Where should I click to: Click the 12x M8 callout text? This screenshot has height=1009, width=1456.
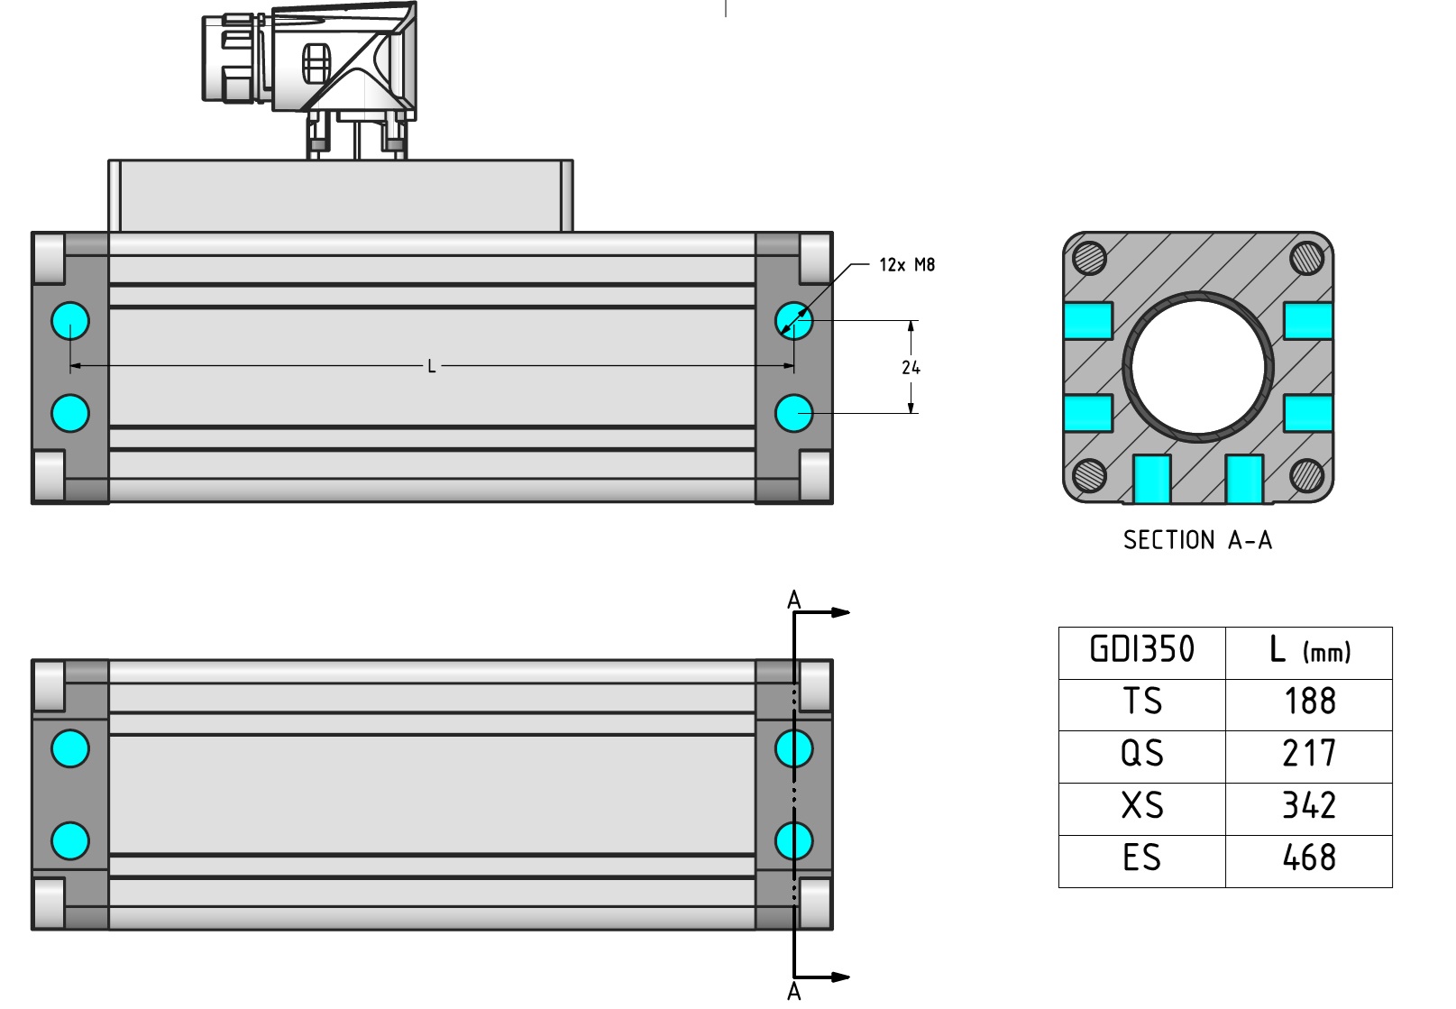point(907,265)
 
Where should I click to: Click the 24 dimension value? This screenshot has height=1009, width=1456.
point(911,367)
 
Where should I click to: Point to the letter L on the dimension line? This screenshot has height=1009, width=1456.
point(432,366)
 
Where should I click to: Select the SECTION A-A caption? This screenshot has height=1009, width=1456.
point(1197,540)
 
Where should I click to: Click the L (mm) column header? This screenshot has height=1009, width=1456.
point(1309,650)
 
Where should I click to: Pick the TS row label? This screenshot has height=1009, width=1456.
point(1142,702)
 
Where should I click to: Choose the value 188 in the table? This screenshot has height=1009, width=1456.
point(1310,702)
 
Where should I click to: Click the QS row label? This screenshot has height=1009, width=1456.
point(1142,754)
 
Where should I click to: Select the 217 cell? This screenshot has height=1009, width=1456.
point(1310,754)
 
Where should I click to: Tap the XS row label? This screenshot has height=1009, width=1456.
point(1142,806)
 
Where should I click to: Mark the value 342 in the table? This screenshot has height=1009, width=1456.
point(1310,806)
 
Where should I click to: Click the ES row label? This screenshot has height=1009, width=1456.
point(1142,858)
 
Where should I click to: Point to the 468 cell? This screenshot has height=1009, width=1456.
point(1310,858)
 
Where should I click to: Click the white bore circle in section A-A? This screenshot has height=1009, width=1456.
point(1198,367)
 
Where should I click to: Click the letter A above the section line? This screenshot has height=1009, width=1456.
point(793,600)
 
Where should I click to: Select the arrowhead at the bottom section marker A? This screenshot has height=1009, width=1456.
point(840,977)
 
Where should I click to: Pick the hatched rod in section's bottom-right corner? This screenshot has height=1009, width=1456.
point(1306,474)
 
